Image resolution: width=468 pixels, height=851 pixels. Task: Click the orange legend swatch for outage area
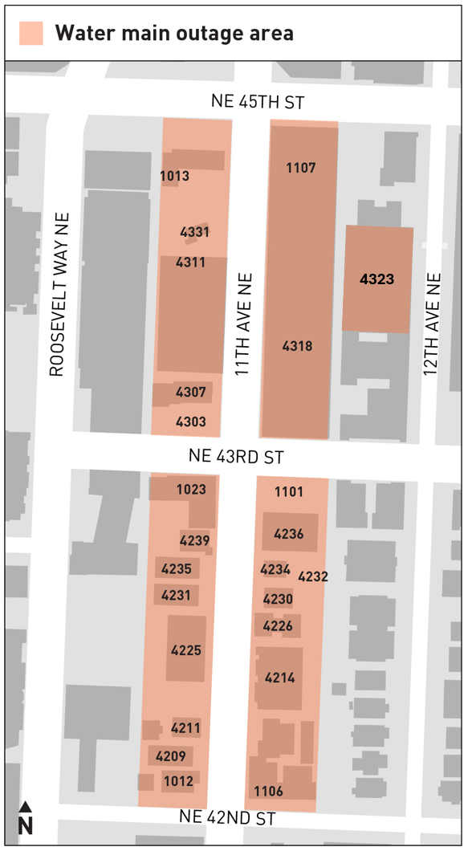pyautogui.click(x=31, y=33)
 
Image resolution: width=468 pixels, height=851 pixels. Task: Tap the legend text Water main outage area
pyautogui.click(x=173, y=33)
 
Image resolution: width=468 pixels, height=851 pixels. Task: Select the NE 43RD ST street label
pyautogui.click(x=237, y=457)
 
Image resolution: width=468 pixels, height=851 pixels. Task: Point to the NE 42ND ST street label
pyautogui.click(x=228, y=818)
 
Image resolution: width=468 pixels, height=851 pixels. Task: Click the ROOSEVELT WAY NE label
pyautogui.click(x=60, y=294)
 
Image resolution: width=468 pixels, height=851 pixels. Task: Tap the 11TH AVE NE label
pyautogui.click(x=244, y=324)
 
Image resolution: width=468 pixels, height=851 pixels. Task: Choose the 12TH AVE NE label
pyautogui.click(x=433, y=324)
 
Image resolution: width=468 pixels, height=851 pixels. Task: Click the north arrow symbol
pyautogui.click(x=26, y=817)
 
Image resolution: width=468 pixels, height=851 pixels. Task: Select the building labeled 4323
pyautogui.click(x=377, y=279)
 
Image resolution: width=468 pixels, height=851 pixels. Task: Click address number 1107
pyautogui.click(x=301, y=168)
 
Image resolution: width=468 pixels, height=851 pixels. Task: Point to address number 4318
pyautogui.click(x=297, y=346)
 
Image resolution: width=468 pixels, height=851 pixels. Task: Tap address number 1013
pyautogui.click(x=174, y=177)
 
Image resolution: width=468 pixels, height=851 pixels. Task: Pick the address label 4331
pyautogui.click(x=195, y=233)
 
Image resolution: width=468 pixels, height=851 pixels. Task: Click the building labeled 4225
pyautogui.click(x=186, y=650)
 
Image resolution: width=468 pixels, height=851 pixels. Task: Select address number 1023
pyautogui.click(x=191, y=489)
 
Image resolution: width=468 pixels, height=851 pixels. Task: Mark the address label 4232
pyautogui.click(x=313, y=576)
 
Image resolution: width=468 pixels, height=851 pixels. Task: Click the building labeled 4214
pyautogui.click(x=280, y=678)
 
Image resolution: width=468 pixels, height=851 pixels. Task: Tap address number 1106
pyautogui.click(x=268, y=792)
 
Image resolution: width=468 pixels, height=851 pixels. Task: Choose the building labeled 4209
pyautogui.click(x=171, y=756)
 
